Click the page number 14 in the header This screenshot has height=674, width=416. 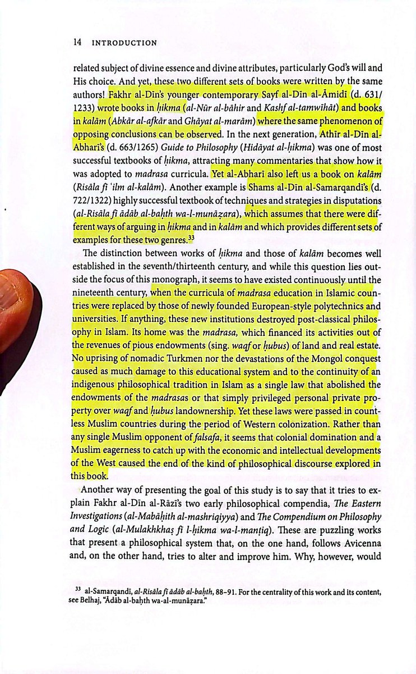tap(78, 42)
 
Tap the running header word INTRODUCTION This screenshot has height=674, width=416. tap(124, 42)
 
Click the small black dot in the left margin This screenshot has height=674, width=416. tap(5, 210)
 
